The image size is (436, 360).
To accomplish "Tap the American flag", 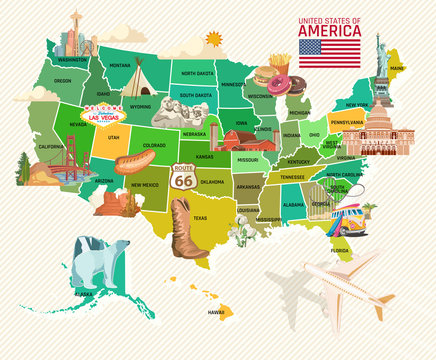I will (331, 52).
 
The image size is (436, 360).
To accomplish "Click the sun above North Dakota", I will (211, 40).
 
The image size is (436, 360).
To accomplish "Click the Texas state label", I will (200, 217).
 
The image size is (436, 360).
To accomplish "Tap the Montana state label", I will (120, 65).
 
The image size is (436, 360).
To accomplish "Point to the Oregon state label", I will (63, 80).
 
